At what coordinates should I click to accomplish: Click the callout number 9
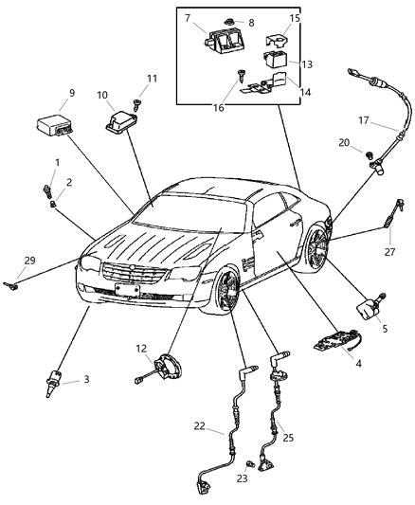click(x=72, y=93)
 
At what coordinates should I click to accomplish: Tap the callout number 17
click(x=364, y=120)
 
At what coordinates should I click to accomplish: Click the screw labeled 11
click(x=137, y=104)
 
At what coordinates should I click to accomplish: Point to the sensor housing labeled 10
click(x=120, y=122)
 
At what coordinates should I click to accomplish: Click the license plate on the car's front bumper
click(x=128, y=290)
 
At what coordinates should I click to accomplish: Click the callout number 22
click(x=199, y=425)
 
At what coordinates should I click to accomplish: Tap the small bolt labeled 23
click(x=250, y=463)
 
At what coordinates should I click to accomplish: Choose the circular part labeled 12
click(x=167, y=368)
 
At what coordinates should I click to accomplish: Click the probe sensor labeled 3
click(x=53, y=382)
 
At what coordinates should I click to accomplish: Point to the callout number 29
click(x=30, y=261)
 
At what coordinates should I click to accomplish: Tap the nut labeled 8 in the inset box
click(x=229, y=22)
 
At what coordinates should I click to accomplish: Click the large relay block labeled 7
click(x=223, y=41)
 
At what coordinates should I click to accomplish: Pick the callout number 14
click(x=305, y=93)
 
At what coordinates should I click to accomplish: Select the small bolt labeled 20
click(x=370, y=155)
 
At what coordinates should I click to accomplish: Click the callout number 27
click(x=389, y=251)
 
